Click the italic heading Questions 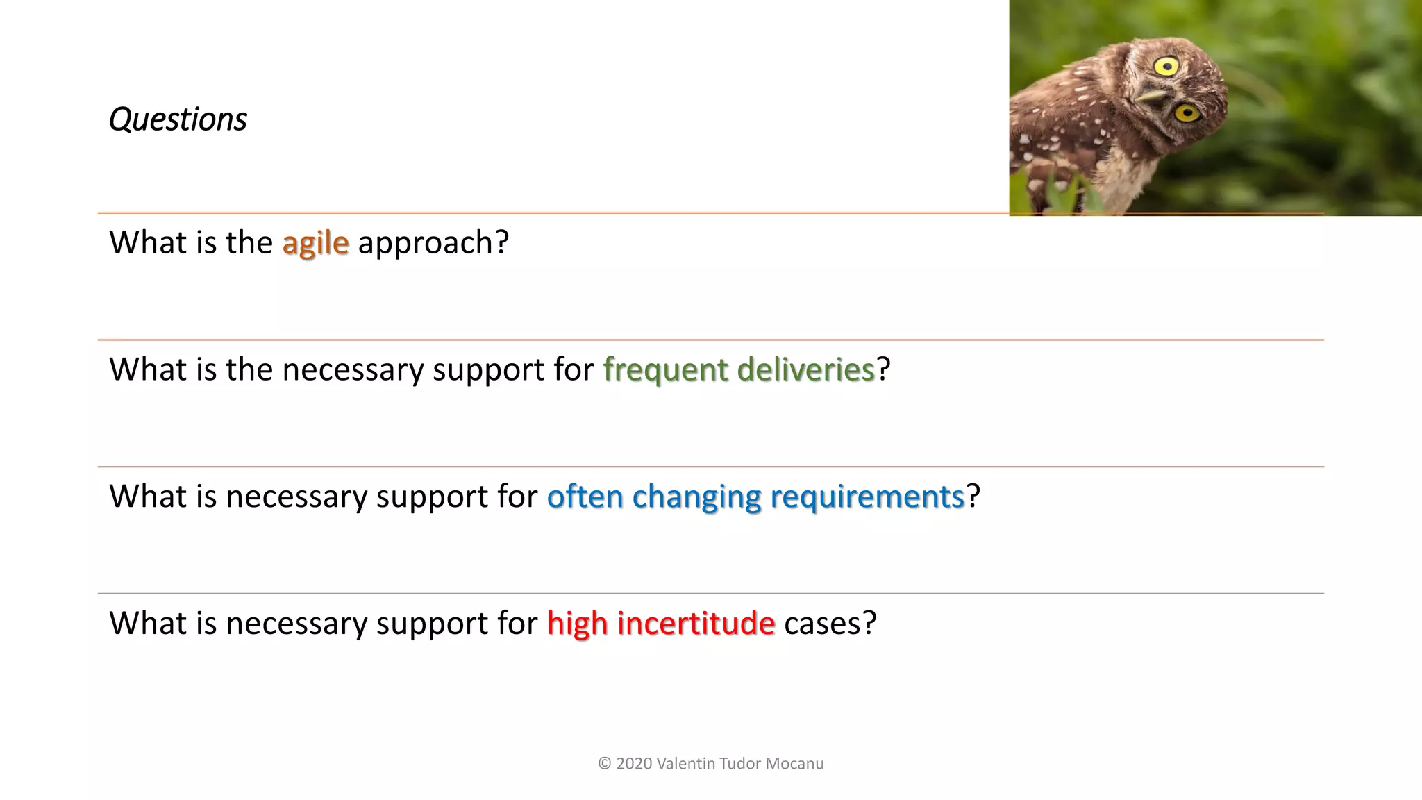[178, 119]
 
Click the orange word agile [315, 243]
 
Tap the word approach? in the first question [433, 243]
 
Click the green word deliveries [805, 369]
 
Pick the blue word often [585, 497]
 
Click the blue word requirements [867, 497]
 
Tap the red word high [577, 624]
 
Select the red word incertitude [696, 623]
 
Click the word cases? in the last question [830, 623]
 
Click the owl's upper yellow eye [1166, 67]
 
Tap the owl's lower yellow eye [1187, 112]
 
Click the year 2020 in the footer [634, 764]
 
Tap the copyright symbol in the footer [604, 764]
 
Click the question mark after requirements [973, 497]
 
